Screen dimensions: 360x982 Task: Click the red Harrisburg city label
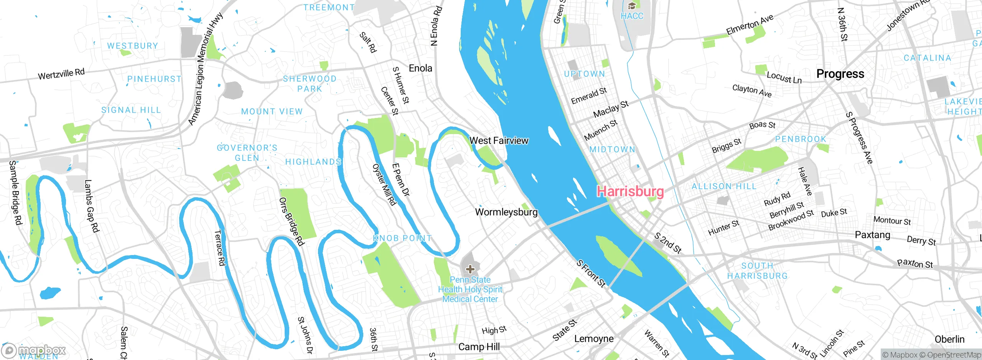pyautogui.click(x=630, y=191)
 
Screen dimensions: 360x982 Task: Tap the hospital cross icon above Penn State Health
pyautogui.click(x=470, y=269)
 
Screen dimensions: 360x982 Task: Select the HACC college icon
pyautogui.click(x=632, y=6)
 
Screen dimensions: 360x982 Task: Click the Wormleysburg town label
pyautogui.click(x=506, y=212)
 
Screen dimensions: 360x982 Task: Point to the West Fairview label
pyautogui.click(x=499, y=141)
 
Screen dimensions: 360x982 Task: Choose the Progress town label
pyautogui.click(x=840, y=74)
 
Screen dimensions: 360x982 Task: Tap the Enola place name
pyautogui.click(x=420, y=68)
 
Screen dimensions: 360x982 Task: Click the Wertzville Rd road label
pyautogui.click(x=61, y=74)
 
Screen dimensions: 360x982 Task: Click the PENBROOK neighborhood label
pyautogui.click(x=801, y=139)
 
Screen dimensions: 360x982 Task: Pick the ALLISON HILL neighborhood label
pyautogui.click(x=724, y=186)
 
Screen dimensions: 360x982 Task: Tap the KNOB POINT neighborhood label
pyautogui.click(x=402, y=238)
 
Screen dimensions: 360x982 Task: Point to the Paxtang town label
pyautogui.click(x=872, y=234)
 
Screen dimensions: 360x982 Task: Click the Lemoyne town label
pyautogui.click(x=594, y=339)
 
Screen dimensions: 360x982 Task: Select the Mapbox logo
pyautogui.click(x=34, y=350)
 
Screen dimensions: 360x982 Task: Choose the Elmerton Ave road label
pyautogui.click(x=750, y=25)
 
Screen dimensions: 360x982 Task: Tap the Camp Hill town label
pyautogui.click(x=479, y=347)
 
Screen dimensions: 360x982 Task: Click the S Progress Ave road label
pyautogui.click(x=859, y=138)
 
